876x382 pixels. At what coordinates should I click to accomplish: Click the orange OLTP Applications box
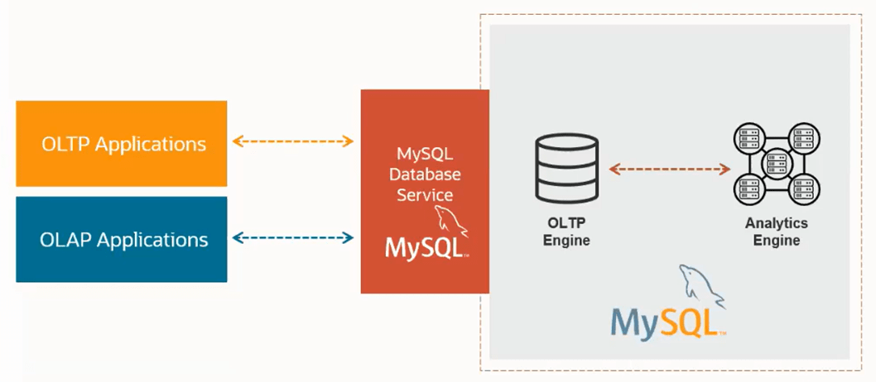121,144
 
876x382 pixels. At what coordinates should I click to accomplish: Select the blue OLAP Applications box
121,240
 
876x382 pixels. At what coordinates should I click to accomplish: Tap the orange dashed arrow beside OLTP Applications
293,141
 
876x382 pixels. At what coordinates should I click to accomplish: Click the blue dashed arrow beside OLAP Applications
293,238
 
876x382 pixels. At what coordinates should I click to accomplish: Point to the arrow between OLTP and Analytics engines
670,170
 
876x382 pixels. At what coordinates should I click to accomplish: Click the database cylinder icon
566,170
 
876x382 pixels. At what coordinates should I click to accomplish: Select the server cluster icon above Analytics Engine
776,164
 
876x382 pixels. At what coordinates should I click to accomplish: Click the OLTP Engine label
566,232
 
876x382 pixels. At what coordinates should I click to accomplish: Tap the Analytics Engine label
776,232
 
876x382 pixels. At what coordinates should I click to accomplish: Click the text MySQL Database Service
425,174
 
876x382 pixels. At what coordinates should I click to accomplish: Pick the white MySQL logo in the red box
426,247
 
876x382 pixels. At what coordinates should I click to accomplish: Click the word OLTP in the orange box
66,144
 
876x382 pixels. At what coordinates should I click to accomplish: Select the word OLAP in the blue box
66,240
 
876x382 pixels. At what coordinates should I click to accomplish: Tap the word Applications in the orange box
150,144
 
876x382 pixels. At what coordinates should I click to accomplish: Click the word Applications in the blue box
152,240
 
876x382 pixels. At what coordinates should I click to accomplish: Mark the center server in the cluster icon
776,164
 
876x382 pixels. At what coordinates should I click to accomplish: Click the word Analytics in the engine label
776,224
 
